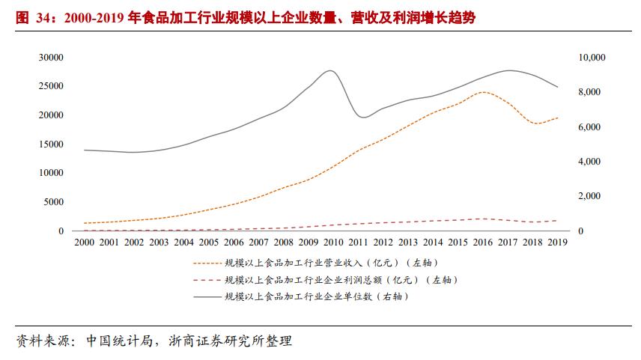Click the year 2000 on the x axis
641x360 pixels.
pos(84,242)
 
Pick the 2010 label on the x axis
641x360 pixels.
pos(333,242)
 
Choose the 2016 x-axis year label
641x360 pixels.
pos(482,242)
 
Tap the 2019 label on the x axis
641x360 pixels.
pos(557,242)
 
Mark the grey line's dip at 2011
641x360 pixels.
pos(362,118)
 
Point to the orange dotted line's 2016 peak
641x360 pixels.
pos(484,92)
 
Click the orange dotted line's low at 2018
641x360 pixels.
pos(536,123)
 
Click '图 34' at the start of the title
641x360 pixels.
pos(31,17)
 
